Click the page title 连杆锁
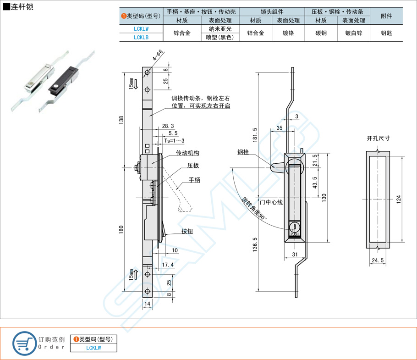[x=21, y=7]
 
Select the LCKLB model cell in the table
[x=141, y=38]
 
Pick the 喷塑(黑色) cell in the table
[x=220, y=38]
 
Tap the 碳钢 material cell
[x=321, y=33]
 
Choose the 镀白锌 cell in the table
[x=353, y=33]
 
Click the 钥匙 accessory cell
[x=386, y=33]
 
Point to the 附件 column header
[x=386, y=16]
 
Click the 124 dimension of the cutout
[x=398, y=199]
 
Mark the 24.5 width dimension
[x=378, y=261]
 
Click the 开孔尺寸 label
[x=378, y=138]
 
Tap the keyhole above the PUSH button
[x=294, y=226]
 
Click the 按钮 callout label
[x=187, y=231]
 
